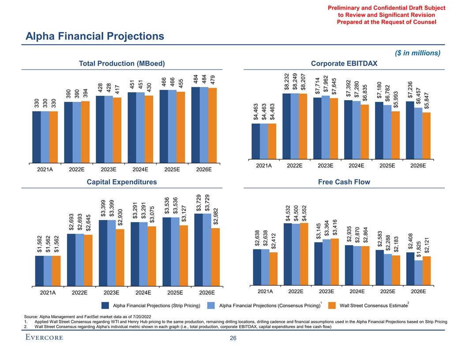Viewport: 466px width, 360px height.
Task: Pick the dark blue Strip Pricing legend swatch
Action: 105,305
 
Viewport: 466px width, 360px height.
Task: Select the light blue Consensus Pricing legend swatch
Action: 211,305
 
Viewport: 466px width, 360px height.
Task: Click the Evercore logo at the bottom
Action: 44,338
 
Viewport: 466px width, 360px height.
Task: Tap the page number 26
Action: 233,338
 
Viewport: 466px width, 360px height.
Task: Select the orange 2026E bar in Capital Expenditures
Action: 216,256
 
